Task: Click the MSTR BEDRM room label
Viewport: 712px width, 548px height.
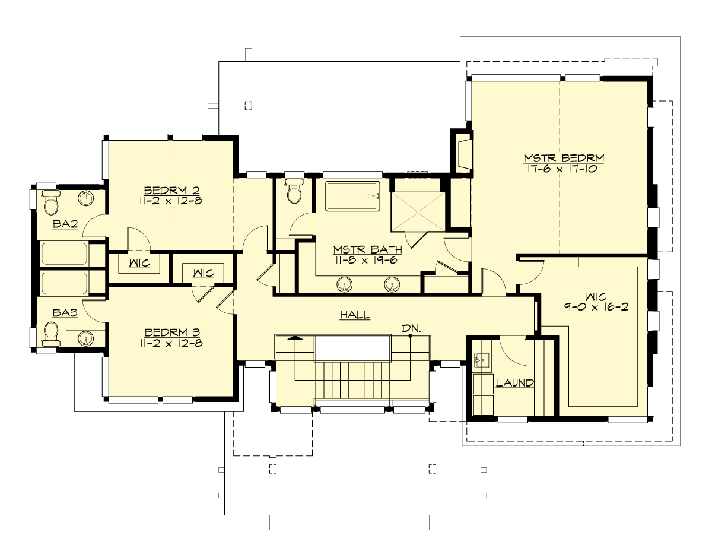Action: pyautogui.click(x=563, y=158)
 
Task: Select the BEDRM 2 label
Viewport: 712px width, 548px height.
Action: pyautogui.click(x=171, y=190)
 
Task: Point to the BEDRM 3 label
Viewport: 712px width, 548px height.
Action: pyautogui.click(x=171, y=332)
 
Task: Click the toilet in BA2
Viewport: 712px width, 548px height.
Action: pyautogui.click(x=51, y=204)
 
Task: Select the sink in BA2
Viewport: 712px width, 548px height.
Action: pyautogui.click(x=87, y=198)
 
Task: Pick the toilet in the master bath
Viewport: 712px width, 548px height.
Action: pyautogui.click(x=294, y=191)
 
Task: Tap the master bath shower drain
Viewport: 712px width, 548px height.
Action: pyautogui.click(x=418, y=212)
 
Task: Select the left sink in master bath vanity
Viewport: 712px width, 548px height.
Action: pyautogui.click(x=344, y=284)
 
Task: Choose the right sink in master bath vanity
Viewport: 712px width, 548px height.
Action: pyautogui.click(x=391, y=284)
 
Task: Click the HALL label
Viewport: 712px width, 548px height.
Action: pyautogui.click(x=355, y=315)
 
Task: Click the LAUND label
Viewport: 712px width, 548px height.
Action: pyautogui.click(x=514, y=383)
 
